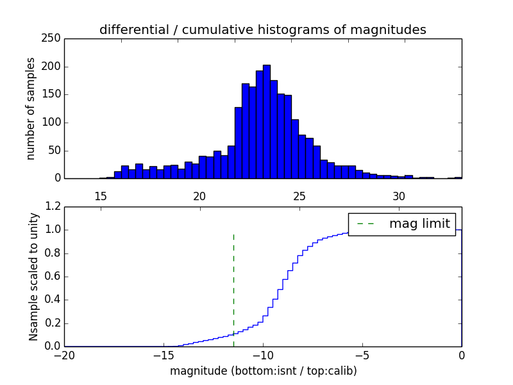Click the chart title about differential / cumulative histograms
tap(262, 30)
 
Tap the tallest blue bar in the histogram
tap(266, 122)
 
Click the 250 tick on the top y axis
tap(54, 38)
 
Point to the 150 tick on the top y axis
tap(54, 94)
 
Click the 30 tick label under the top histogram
tap(399, 196)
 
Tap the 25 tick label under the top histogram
tap(299, 196)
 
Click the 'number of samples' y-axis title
tap(31, 108)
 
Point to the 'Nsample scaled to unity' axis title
tap(34, 277)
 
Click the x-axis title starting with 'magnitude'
tap(263, 371)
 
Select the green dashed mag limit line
tap(233, 289)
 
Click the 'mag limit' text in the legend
tap(419, 224)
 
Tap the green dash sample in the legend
tap(364, 224)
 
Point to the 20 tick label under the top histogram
tap(199, 196)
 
